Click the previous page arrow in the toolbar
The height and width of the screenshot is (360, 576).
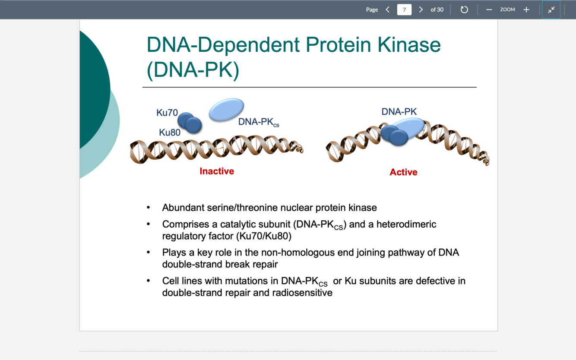(x=387, y=9)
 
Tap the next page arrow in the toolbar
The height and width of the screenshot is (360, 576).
(x=421, y=9)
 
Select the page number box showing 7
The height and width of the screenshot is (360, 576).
(x=404, y=9)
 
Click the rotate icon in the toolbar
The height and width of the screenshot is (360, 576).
(x=464, y=9)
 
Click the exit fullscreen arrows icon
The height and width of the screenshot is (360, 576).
(x=551, y=9)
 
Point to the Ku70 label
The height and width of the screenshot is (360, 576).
(x=167, y=113)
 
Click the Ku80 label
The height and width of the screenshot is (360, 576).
(x=170, y=133)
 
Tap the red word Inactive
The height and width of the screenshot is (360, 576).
(x=217, y=171)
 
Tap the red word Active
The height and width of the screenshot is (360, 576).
(x=403, y=172)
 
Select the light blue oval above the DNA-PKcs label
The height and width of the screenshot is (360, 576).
(x=226, y=109)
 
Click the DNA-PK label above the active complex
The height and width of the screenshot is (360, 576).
(x=399, y=112)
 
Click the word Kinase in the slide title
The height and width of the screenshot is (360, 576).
(x=409, y=44)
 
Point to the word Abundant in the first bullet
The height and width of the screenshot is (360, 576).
(x=183, y=208)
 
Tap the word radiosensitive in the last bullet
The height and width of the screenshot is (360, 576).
(x=302, y=293)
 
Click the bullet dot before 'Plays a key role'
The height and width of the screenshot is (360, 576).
(x=149, y=253)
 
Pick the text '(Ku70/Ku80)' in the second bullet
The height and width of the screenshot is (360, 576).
(x=264, y=236)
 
